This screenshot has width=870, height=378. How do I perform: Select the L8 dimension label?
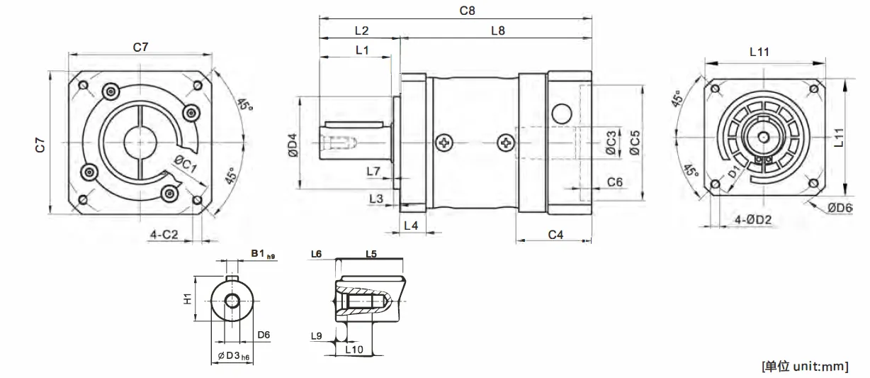tap(497, 30)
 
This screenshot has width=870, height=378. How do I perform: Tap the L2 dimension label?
tap(361, 30)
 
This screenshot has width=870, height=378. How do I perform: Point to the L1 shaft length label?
tap(362, 50)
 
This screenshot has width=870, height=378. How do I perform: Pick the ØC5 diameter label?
tap(635, 143)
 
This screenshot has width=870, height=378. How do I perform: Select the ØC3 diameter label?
tap(611, 143)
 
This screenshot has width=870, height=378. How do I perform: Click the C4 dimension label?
tap(555, 234)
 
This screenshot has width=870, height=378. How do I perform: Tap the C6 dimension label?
tap(615, 182)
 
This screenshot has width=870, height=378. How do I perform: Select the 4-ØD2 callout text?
tap(752, 220)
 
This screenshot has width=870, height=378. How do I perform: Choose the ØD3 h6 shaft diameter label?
tap(233, 355)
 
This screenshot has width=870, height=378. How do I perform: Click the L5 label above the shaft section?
tap(371, 253)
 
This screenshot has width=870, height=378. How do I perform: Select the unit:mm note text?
tap(804, 366)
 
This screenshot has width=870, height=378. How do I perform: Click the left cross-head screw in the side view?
tap(444, 143)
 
